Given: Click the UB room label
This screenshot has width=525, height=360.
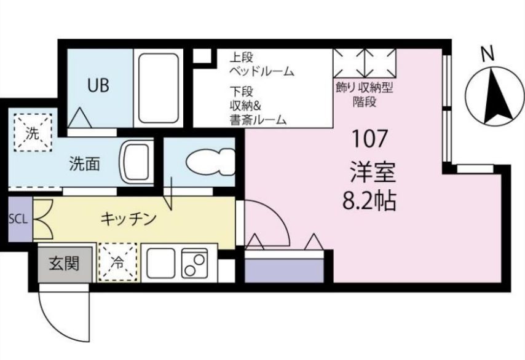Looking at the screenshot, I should (98, 85).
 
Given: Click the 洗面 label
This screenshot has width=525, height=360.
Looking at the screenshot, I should (84, 165).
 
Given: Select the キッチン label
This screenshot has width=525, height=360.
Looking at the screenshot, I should (128, 218).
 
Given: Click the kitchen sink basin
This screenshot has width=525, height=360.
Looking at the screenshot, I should (161, 264).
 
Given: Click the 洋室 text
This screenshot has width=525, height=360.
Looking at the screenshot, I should (369, 171).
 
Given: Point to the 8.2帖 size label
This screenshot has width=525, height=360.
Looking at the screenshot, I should (369, 200).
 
